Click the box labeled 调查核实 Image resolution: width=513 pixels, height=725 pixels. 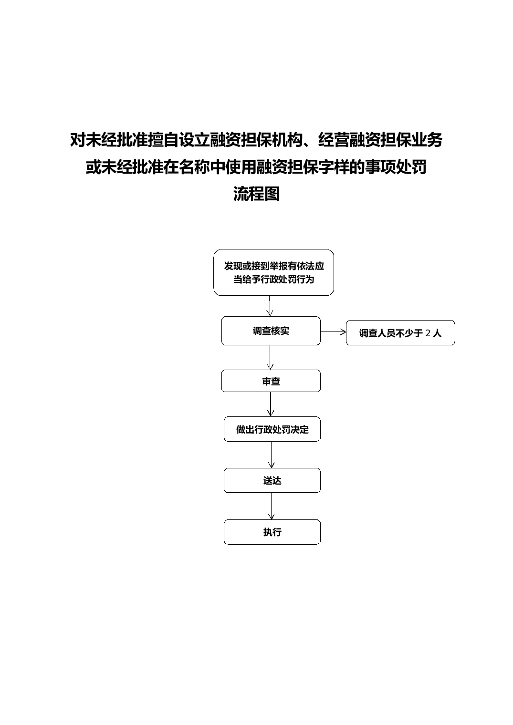(x=271, y=331)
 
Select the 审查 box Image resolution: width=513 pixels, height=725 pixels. (x=271, y=381)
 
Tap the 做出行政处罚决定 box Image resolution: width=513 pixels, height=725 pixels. (x=272, y=429)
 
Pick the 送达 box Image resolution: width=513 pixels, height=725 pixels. (x=272, y=481)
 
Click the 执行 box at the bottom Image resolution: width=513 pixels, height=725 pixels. (x=272, y=532)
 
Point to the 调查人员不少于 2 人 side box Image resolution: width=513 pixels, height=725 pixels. (x=400, y=333)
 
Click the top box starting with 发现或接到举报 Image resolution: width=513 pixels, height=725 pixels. (x=273, y=272)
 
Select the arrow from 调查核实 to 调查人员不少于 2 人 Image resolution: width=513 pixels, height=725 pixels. (x=333, y=332)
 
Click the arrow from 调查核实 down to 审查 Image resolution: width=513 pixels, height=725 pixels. (x=270, y=357)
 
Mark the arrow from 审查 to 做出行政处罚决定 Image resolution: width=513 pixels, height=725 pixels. (x=271, y=404)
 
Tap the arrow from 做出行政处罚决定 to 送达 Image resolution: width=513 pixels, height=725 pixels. (x=272, y=455)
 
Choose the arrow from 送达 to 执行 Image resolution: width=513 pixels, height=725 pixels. (x=272, y=506)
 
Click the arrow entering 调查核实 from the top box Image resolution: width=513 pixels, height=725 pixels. (x=270, y=306)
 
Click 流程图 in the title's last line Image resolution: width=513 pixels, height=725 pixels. (x=257, y=194)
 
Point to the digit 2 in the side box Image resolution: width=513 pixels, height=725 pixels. (x=428, y=333)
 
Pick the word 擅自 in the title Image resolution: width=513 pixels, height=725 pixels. (x=164, y=140)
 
